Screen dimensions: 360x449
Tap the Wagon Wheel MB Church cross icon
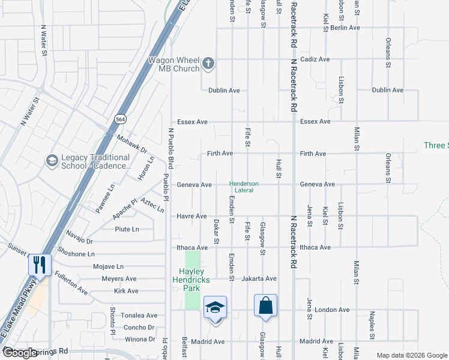click(x=208, y=64)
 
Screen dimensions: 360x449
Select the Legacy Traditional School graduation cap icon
click(x=52, y=161)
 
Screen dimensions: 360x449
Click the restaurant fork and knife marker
click(x=40, y=265)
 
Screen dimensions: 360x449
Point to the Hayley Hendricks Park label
click(x=191, y=280)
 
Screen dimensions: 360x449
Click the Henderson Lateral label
click(x=244, y=187)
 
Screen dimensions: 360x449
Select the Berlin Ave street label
click(x=345, y=28)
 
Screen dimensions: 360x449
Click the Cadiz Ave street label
click(x=315, y=59)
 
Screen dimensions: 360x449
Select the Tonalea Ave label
click(x=139, y=316)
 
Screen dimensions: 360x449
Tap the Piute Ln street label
click(x=127, y=229)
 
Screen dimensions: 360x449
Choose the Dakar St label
click(x=216, y=232)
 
